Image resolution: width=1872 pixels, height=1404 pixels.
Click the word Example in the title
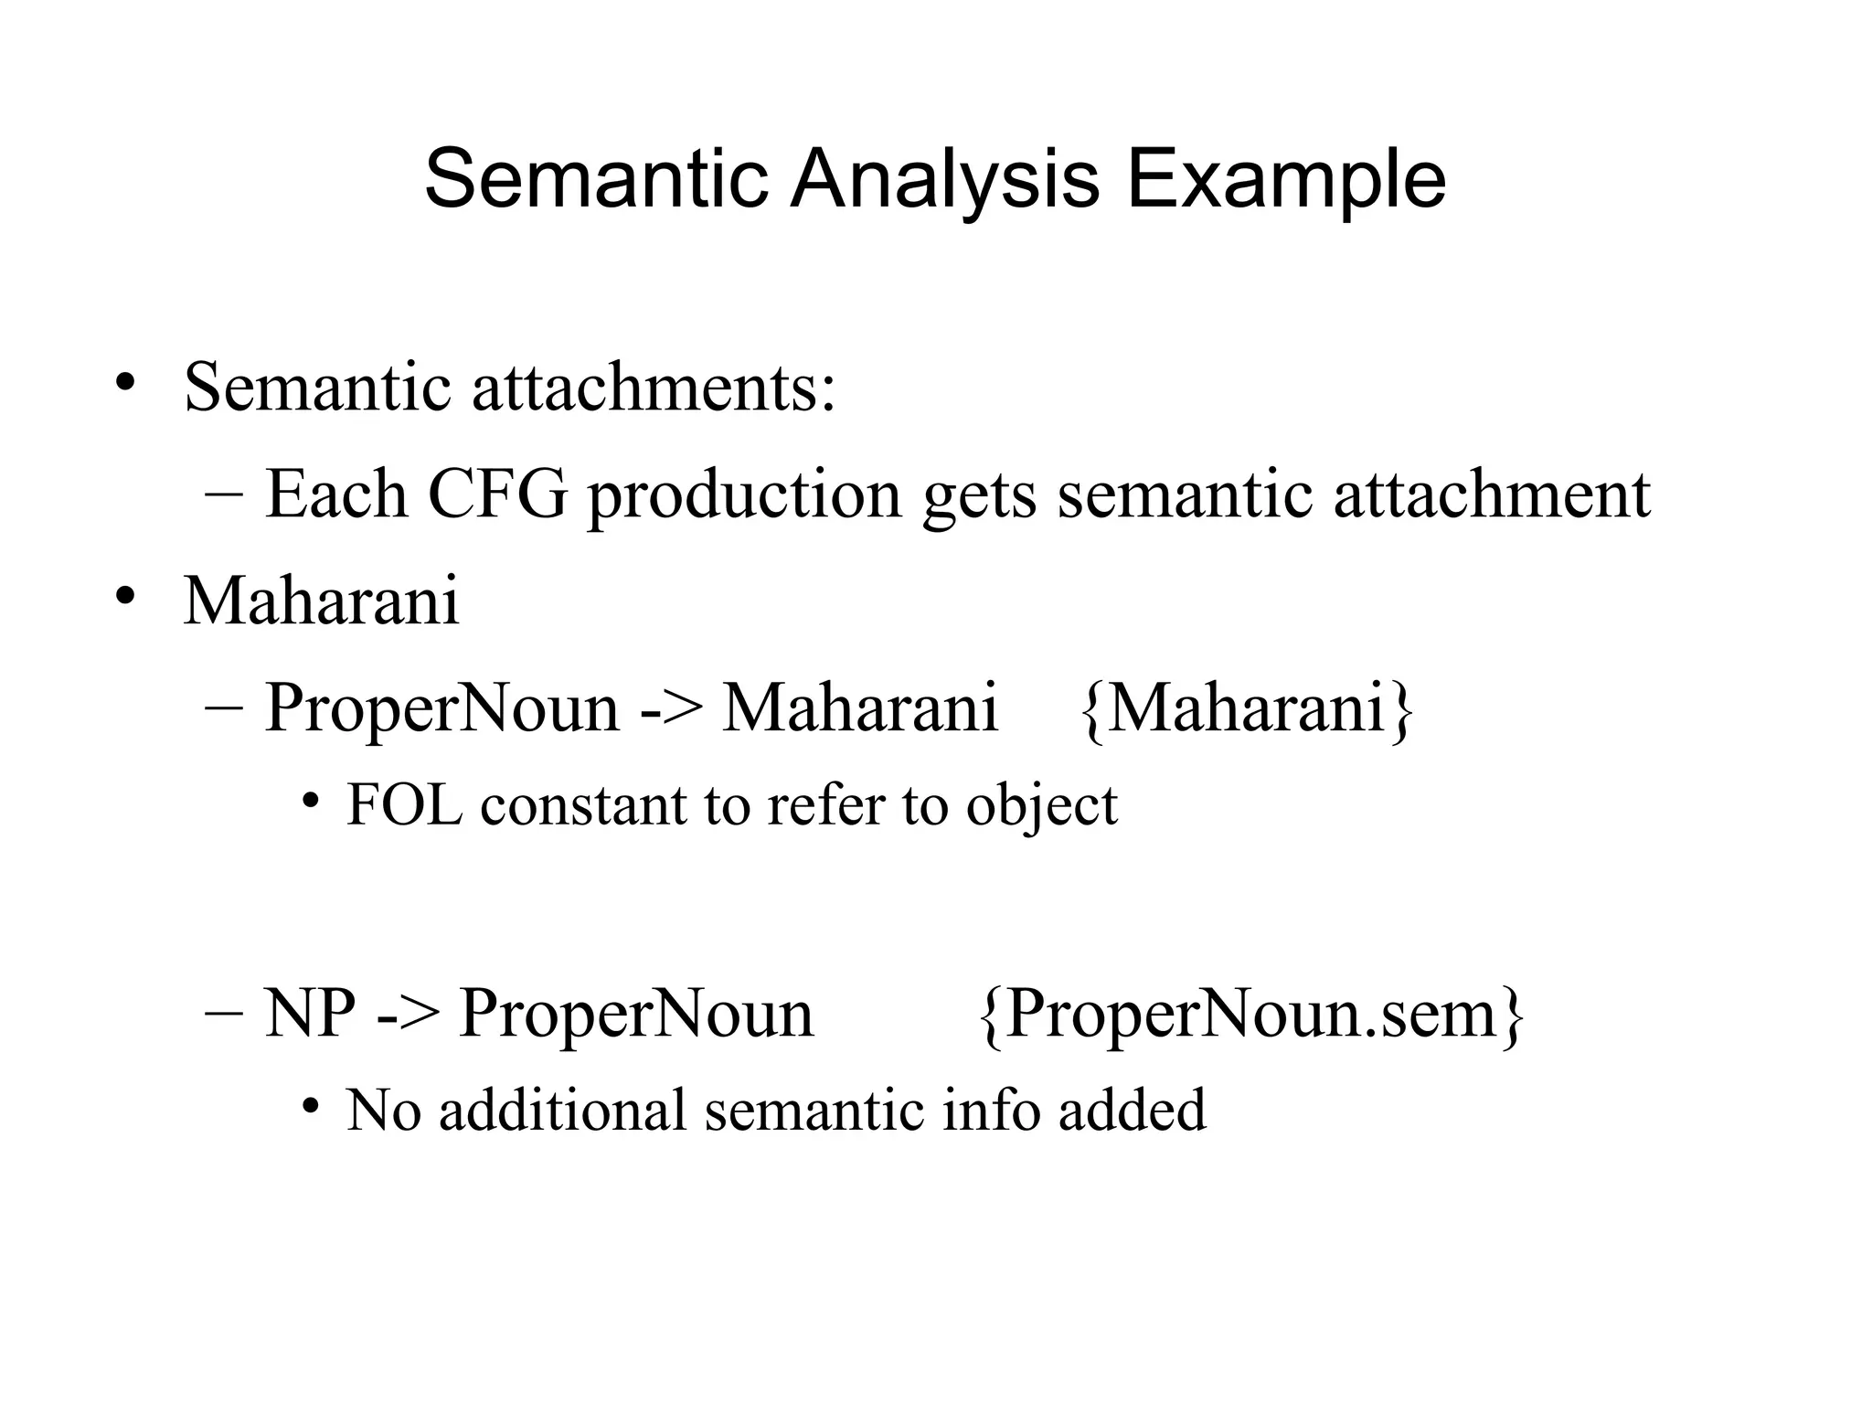[1286, 180]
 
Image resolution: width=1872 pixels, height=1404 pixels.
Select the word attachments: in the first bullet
[654, 388]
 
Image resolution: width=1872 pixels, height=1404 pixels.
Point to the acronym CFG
[497, 495]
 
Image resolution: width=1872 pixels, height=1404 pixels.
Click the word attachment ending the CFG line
[1492, 495]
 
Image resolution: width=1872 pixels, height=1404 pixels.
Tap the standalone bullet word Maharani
[321, 601]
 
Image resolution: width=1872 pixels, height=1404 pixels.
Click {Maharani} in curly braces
[1248, 708]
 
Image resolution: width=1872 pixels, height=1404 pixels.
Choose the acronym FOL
[404, 805]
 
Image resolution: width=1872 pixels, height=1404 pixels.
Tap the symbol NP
[309, 1014]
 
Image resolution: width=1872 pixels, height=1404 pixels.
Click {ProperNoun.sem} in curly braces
[1250, 1015]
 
